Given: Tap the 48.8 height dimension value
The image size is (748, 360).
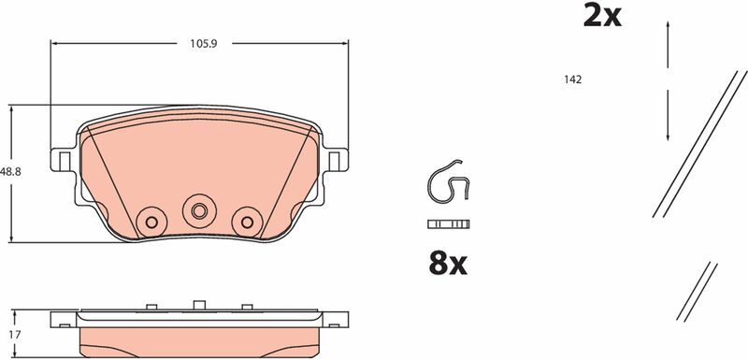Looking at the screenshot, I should click(10, 172).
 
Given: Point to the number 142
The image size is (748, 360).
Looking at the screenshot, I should click(573, 80).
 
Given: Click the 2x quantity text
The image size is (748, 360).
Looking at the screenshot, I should click(602, 16).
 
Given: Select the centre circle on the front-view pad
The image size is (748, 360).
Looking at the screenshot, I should click(197, 210).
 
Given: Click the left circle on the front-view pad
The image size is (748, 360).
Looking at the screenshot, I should click(148, 222).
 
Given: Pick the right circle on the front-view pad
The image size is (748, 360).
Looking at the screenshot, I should click(247, 222).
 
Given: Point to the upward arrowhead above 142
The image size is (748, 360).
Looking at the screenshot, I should click(669, 29).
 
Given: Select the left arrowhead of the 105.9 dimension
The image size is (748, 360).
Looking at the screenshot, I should click(53, 42).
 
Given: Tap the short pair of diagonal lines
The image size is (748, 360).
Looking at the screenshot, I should click(696, 292).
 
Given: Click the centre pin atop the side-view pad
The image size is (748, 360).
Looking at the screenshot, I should click(197, 303).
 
